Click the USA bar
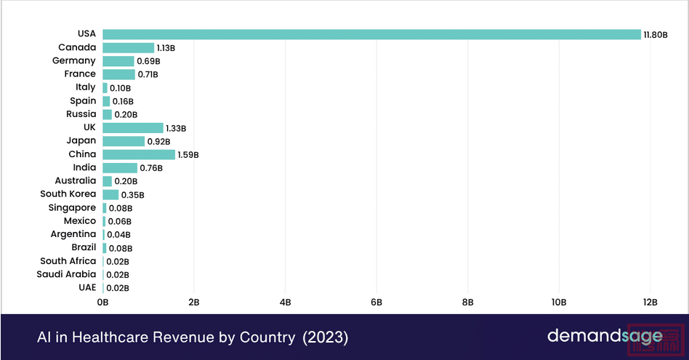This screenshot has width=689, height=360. tap(371, 34)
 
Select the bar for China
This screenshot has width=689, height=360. tap(139, 154)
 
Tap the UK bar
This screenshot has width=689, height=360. tap(133, 128)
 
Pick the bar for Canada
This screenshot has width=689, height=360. tap(128, 48)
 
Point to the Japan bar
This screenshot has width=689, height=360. tap(124, 141)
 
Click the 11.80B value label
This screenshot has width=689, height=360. tap(656, 35)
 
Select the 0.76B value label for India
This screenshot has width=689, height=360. tap(150, 168)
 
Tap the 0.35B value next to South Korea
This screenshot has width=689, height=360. tap(132, 195)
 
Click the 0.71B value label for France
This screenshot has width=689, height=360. tap(148, 74)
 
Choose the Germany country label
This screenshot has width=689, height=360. tap(73, 61)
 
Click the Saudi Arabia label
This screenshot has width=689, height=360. tap(66, 274)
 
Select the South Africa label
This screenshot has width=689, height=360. tap(68, 261)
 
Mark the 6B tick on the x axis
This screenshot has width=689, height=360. tap(376, 301)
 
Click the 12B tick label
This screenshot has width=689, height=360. tap(650, 301)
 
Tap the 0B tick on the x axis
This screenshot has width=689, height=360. tap(102, 301)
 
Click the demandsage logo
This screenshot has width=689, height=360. tap(605, 336)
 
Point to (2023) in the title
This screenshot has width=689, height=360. tap(325, 337)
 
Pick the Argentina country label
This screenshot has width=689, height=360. tap(73, 234)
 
